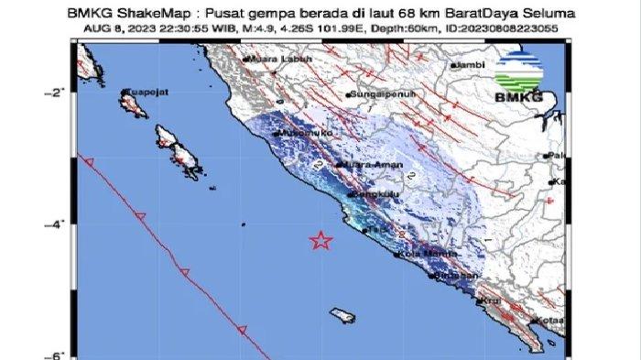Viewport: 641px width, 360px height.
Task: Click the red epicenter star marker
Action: (x=320, y=241)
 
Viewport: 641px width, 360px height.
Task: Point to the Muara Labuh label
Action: (x=274, y=59)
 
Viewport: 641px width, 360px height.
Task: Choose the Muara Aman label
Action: (x=364, y=164)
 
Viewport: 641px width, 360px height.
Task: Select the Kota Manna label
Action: (x=424, y=255)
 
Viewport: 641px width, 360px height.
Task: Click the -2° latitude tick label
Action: (x=55, y=93)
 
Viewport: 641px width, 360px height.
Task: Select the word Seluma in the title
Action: (x=552, y=15)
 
